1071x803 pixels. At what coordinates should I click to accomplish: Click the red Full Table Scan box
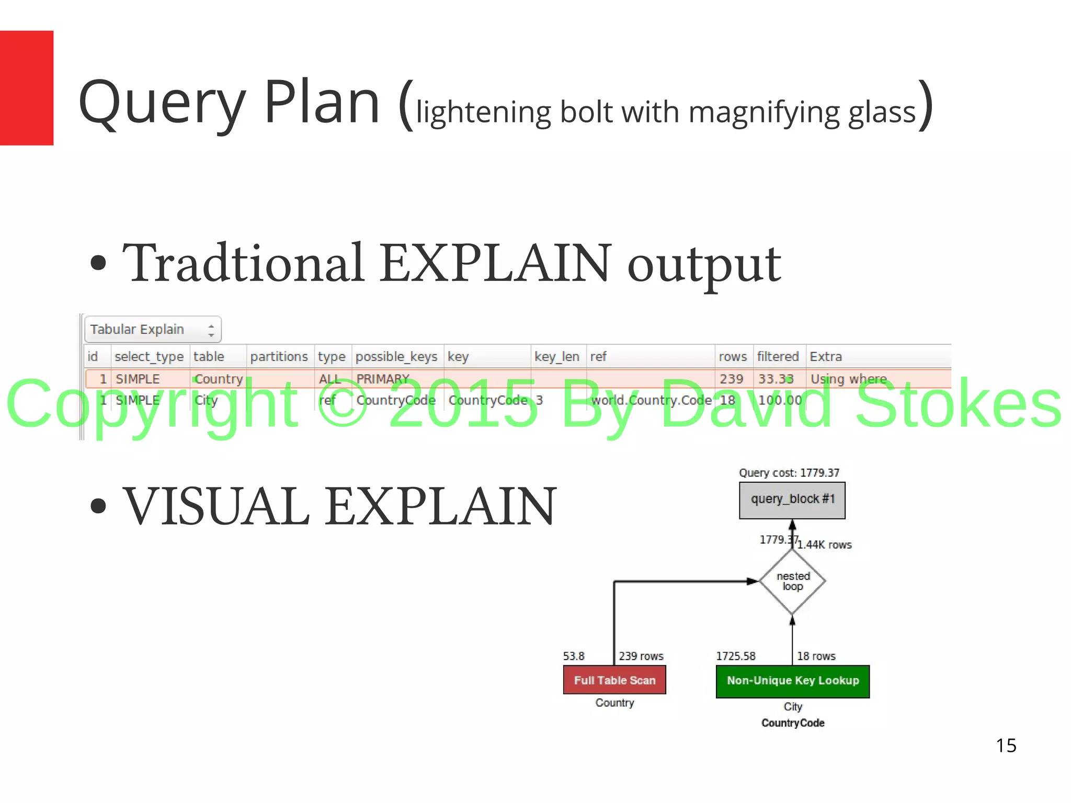pos(614,680)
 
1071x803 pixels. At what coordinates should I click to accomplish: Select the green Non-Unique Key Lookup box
pos(792,681)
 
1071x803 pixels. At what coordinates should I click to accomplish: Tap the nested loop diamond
pos(792,581)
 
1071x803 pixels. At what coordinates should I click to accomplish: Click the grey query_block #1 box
pos(792,500)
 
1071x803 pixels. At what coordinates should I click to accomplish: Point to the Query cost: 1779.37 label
pos(789,473)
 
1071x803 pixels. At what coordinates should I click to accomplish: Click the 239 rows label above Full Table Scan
pos(641,656)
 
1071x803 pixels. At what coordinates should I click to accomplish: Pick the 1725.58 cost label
pos(736,656)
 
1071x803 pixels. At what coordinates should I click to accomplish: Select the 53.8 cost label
pos(574,656)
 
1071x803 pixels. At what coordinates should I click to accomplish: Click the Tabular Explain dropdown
pos(153,329)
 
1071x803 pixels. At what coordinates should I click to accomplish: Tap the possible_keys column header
pos(396,357)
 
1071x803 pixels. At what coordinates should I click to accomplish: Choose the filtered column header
pos(778,357)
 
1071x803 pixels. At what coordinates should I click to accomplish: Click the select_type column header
pos(149,357)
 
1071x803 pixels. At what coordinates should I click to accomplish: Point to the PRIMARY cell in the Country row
pos(383,379)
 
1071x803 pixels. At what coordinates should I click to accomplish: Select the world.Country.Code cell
pos(651,400)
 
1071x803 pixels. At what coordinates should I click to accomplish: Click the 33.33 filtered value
pos(776,379)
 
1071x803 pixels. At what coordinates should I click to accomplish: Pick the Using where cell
pos(849,379)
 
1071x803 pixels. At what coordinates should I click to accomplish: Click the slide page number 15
pos(1006,745)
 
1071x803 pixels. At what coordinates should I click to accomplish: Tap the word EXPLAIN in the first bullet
pos(495,263)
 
